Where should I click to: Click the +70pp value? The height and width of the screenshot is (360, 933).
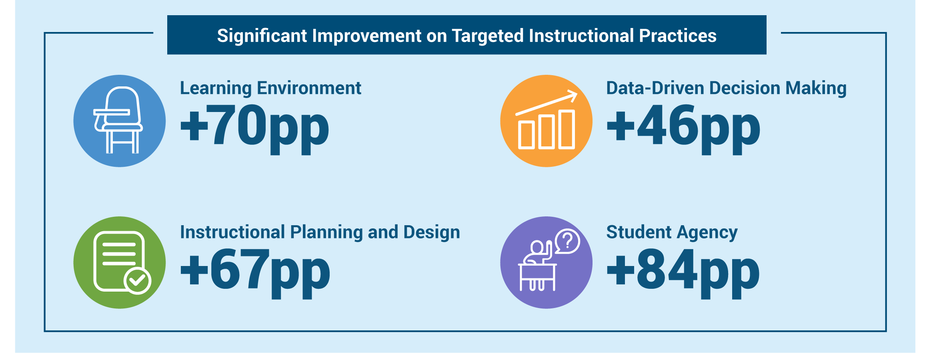(x=255, y=128)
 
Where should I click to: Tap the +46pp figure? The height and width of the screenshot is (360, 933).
(x=683, y=128)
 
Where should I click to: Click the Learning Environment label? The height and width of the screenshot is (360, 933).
(x=270, y=88)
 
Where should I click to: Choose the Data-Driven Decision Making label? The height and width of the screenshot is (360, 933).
(x=726, y=88)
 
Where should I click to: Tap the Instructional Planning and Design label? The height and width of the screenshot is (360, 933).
(x=320, y=232)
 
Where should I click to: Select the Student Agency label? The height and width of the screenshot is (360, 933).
(x=672, y=232)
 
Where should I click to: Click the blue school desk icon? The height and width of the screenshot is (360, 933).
(x=120, y=121)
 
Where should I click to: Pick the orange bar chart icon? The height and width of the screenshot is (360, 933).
(x=546, y=121)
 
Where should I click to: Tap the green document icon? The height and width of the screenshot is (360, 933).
(x=120, y=262)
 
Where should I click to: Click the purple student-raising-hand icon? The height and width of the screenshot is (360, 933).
(x=546, y=262)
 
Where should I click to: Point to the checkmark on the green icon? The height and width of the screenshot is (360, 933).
(x=137, y=281)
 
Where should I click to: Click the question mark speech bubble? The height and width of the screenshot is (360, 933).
(x=567, y=241)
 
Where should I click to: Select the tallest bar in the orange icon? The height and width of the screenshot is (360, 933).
(x=566, y=129)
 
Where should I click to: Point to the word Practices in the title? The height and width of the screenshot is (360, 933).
(x=678, y=36)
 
